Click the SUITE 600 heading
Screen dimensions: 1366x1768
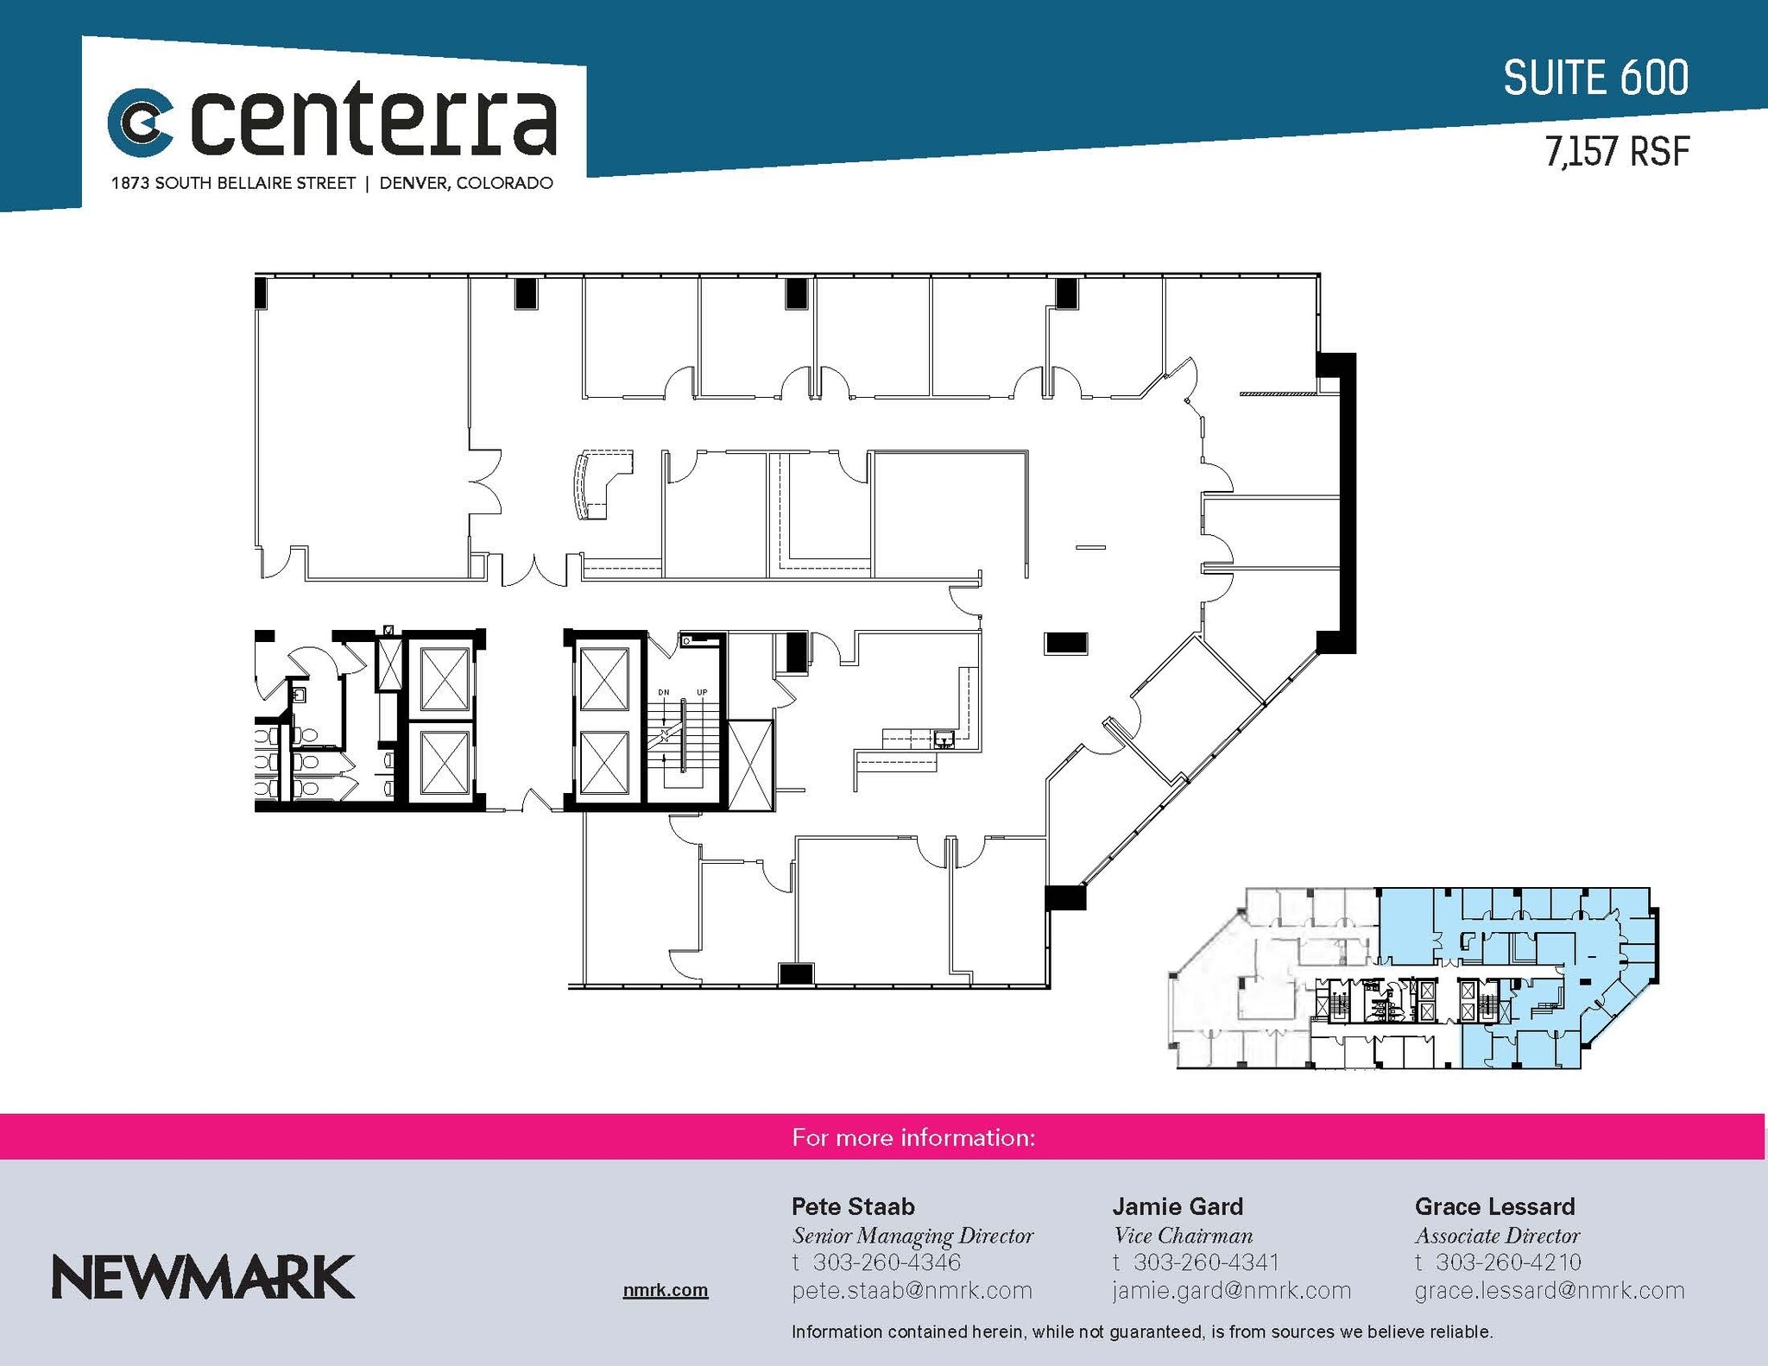pyautogui.click(x=1595, y=79)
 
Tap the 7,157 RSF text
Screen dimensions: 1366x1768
pyautogui.click(x=1617, y=152)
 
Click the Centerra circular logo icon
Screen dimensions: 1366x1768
pyautogui.click(x=141, y=122)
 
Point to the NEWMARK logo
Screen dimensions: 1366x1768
pyautogui.click(x=203, y=1277)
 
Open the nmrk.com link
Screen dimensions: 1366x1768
pyautogui.click(x=665, y=1290)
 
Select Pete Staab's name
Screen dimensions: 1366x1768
pyautogui.click(x=853, y=1206)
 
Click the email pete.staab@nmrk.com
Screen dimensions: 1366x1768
pyautogui.click(x=912, y=1291)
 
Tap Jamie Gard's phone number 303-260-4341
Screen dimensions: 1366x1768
pyautogui.click(x=1206, y=1262)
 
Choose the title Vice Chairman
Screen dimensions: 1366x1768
pyautogui.click(x=1183, y=1236)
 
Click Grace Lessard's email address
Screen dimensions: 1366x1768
pyautogui.click(x=1550, y=1291)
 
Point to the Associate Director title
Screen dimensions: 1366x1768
pyautogui.click(x=1497, y=1236)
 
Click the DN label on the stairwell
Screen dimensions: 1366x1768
pyautogui.click(x=664, y=692)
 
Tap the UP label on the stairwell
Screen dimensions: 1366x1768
pyautogui.click(x=702, y=692)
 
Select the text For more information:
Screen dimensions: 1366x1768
pyautogui.click(x=913, y=1137)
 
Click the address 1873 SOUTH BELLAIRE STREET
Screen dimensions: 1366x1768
pyautogui.click(x=233, y=183)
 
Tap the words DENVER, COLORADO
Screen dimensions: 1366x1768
pyautogui.click(x=466, y=183)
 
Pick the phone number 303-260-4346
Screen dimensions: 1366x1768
pyautogui.click(x=887, y=1262)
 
